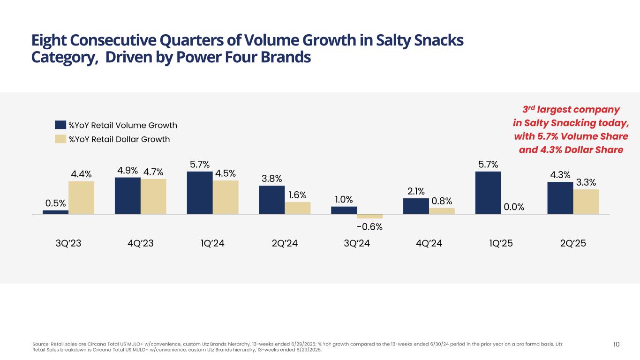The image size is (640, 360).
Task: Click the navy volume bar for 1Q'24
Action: (x=200, y=193)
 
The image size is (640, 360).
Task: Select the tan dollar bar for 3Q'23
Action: (x=81, y=197)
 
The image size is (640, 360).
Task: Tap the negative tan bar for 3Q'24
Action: (x=369, y=216)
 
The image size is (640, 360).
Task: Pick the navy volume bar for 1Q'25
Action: (x=488, y=193)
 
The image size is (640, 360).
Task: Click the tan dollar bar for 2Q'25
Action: (x=586, y=202)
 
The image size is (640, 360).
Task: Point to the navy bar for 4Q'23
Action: (x=128, y=195)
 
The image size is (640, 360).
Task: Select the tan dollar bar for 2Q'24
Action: (x=298, y=208)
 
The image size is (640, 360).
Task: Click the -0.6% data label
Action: (x=369, y=227)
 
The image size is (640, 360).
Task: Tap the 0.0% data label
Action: (x=513, y=207)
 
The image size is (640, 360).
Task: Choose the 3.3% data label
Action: (x=586, y=182)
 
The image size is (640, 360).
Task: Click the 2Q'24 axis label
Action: (x=285, y=244)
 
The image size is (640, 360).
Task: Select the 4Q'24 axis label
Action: (x=429, y=244)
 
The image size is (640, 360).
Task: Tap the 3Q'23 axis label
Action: (x=68, y=244)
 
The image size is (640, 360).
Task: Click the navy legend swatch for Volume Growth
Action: (x=60, y=125)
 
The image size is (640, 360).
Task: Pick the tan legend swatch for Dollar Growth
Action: (x=60, y=139)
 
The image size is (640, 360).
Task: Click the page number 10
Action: (x=616, y=345)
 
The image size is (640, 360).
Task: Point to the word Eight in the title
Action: (x=49, y=41)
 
